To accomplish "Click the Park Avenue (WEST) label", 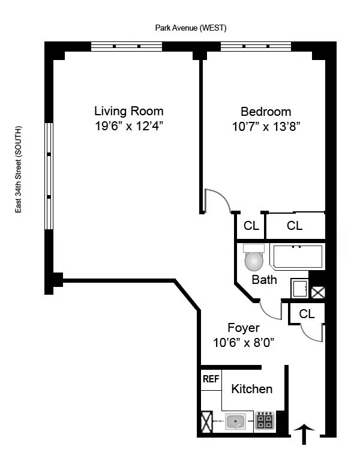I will [190, 28].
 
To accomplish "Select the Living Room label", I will [128, 111].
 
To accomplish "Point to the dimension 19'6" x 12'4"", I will [128, 126].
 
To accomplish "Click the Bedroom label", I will [266, 111].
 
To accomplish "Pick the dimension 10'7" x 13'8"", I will [266, 126].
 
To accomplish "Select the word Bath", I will [264, 280].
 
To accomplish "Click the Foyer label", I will [244, 328].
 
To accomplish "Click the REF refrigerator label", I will [210, 379].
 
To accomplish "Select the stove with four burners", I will [264, 421].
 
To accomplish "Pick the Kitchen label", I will [252, 389].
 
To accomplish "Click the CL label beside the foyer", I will [307, 313].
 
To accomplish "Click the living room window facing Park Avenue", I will [127, 46].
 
